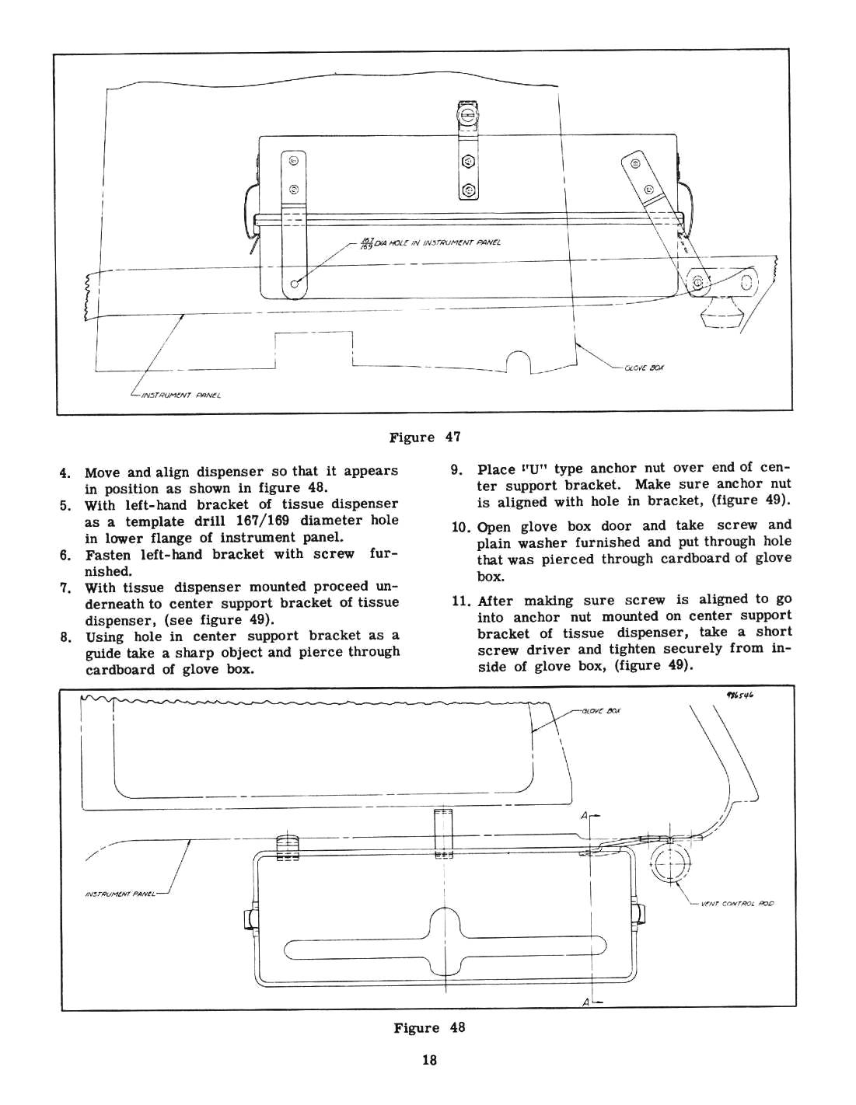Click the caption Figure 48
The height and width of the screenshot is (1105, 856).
(x=428, y=1028)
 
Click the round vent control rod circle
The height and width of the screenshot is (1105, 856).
(x=669, y=864)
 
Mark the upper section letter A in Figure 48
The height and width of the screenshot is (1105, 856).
(x=583, y=816)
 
